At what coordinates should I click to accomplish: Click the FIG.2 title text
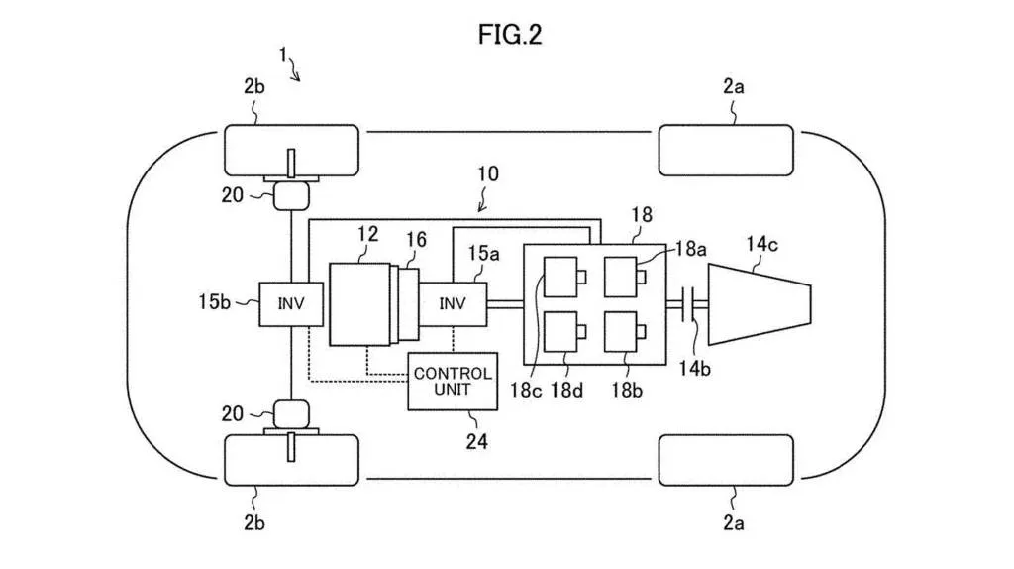pos(510,35)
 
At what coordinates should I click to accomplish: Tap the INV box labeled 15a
pos(454,303)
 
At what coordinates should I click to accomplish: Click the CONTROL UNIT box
pos(452,381)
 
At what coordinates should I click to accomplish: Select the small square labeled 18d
pos(560,333)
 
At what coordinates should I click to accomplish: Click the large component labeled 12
pos(360,302)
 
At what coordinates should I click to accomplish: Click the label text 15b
pos(215,301)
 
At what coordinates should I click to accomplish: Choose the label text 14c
pos(768,239)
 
